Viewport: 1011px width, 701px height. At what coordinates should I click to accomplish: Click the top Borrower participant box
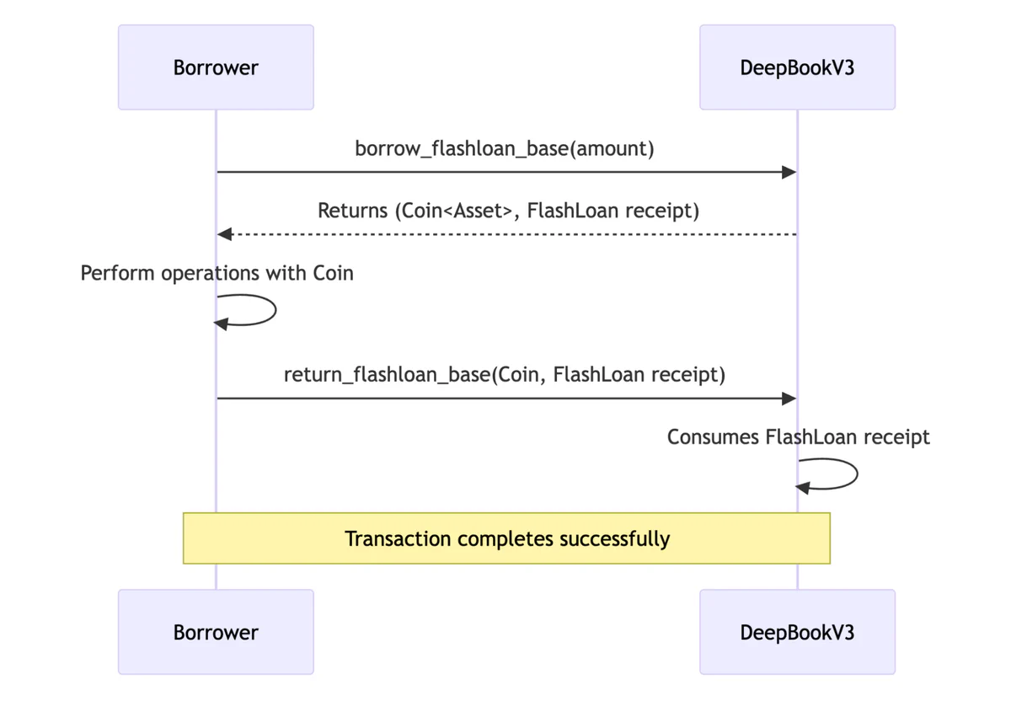[216, 67]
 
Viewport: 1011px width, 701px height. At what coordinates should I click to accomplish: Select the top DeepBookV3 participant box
[797, 67]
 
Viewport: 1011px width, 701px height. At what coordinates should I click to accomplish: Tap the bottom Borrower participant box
[216, 632]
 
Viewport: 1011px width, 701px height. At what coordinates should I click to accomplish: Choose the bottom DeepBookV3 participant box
[797, 632]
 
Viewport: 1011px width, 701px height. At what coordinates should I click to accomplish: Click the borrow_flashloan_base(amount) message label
[505, 149]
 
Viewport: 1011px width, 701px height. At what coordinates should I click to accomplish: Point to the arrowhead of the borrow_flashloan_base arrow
[789, 173]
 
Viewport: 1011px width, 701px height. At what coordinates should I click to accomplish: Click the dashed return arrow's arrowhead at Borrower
[224, 234]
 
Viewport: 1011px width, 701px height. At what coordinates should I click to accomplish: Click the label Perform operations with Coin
[217, 273]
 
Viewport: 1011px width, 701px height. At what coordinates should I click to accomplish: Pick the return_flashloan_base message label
[505, 374]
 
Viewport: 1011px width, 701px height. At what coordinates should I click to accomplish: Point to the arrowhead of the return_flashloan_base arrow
[789, 399]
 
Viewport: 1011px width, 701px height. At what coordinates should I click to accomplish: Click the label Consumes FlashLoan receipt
[798, 437]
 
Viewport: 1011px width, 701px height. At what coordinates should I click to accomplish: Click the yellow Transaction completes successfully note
[506, 538]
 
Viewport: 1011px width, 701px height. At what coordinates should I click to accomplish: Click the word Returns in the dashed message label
[352, 211]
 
